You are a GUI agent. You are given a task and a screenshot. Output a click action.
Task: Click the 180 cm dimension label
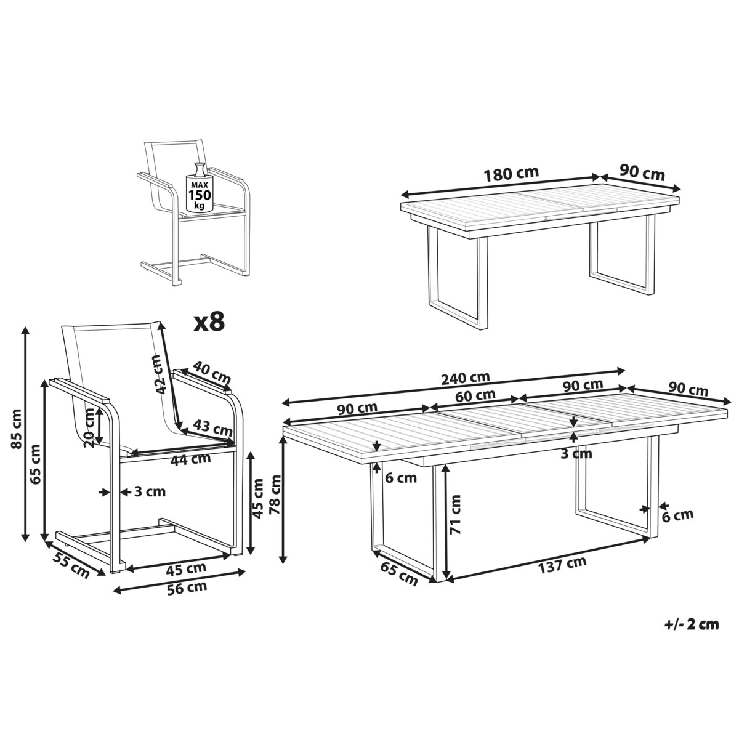pos(511,174)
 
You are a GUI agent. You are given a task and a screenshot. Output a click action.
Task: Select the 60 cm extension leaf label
pos(475,395)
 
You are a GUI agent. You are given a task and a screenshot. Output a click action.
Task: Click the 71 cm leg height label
pos(455,515)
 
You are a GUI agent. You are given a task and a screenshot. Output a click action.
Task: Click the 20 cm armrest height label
pos(89,428)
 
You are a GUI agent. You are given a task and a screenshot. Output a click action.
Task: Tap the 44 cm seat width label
pos(190,459)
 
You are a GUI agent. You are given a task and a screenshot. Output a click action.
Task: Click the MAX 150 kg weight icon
pos(198,188)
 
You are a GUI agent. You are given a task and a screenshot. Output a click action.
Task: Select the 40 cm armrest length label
pos(212,372)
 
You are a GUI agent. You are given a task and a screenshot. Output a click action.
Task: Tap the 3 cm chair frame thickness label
pos(150,491)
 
